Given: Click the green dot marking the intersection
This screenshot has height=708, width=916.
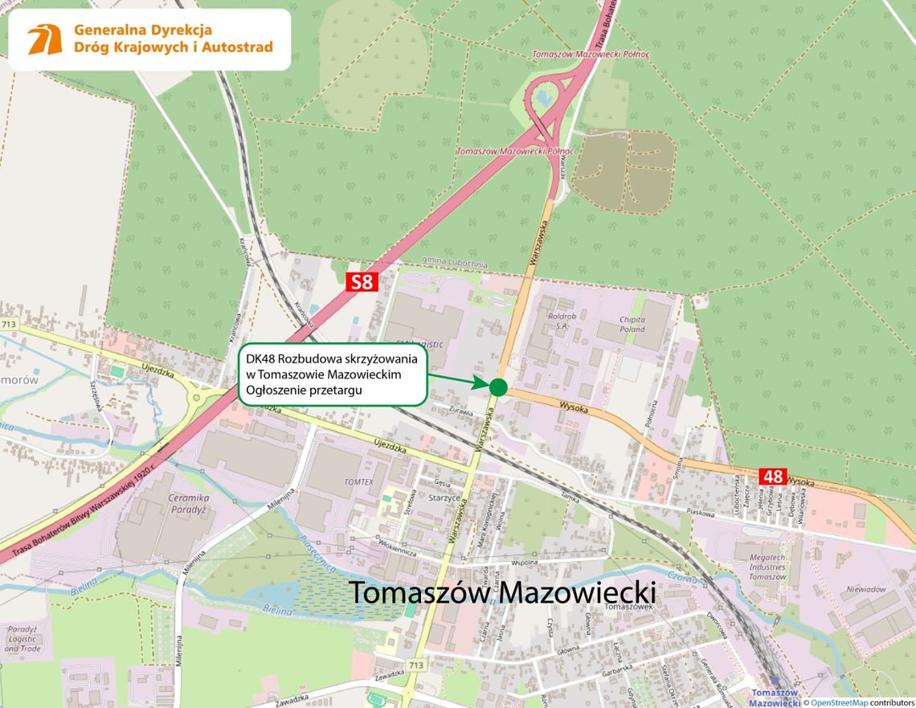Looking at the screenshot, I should tap(498, 387).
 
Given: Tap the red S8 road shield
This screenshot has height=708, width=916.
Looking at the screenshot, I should tap(362, 282).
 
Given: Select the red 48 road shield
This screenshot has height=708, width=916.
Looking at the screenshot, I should tap(773, 477).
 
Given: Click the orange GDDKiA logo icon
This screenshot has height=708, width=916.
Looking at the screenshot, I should tap(45, 39).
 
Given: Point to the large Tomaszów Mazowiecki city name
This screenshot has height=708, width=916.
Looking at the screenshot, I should tap(502, 593).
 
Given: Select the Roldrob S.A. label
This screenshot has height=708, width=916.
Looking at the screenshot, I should tap(562, 321).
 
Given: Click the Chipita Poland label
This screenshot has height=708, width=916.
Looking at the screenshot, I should tap(632, 324).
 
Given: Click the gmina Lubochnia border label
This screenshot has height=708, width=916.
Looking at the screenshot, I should tap(453, 261).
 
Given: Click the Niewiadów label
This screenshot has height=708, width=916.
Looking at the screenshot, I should tap(866, 589).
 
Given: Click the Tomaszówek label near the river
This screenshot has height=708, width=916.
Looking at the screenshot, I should tap(626, 607).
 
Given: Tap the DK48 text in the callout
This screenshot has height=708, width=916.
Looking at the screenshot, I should tap(261, 358).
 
